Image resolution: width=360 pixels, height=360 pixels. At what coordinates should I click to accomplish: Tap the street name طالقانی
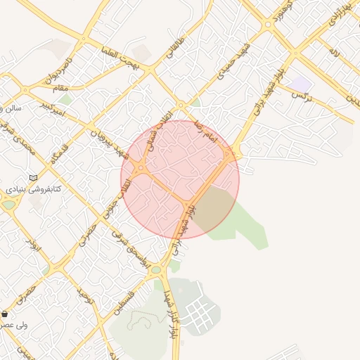coord(175,47)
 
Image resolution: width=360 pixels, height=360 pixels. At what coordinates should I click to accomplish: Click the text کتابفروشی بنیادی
coord(34,189)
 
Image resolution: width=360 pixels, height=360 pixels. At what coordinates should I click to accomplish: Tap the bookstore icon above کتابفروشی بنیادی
coord(33,177)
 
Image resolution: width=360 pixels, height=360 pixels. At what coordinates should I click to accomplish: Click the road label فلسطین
coord(133,295)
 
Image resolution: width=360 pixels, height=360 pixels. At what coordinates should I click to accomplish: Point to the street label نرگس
coord(300,94)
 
